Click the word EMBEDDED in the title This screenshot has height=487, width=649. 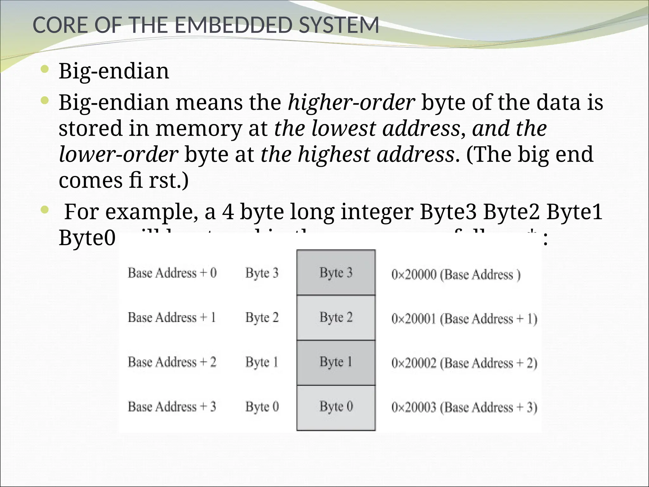232,25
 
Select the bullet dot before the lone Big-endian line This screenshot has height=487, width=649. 45,69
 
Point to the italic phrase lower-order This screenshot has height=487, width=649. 118,154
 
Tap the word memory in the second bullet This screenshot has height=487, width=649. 198,128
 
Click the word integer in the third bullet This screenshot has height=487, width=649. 377,212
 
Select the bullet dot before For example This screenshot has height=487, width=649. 45,209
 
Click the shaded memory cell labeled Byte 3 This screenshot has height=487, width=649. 336,273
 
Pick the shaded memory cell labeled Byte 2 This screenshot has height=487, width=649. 336,317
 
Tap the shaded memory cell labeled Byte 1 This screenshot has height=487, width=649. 336,362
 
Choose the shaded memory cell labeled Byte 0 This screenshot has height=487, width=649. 336,407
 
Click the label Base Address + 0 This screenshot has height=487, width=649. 172,273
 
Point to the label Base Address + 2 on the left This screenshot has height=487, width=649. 172,362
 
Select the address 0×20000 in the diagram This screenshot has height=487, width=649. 414,275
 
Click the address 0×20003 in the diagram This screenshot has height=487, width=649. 414,407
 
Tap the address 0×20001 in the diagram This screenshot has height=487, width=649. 414,319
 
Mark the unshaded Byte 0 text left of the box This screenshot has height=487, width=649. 262,407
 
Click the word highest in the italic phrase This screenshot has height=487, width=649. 334,154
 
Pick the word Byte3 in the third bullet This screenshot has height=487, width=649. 448,212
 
